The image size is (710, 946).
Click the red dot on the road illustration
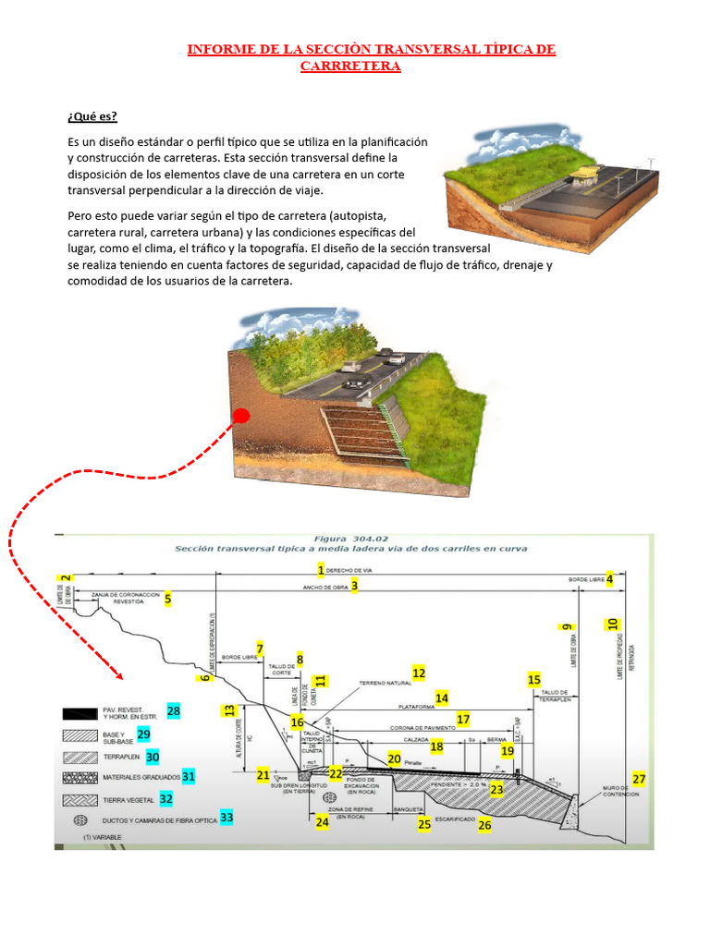241,416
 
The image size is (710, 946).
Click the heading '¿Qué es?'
92,116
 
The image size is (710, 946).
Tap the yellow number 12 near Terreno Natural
419,673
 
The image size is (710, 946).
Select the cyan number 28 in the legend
174,710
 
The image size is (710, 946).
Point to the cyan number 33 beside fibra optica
226,817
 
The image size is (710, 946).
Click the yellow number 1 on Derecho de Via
321,570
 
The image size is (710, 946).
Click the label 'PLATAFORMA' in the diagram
415,706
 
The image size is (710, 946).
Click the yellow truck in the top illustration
587,176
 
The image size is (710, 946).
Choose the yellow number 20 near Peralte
394,758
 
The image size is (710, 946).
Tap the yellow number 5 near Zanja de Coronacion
167,599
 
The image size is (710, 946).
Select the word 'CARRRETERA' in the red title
350,67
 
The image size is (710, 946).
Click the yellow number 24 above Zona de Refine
322,821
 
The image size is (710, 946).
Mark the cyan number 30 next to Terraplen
153,756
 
